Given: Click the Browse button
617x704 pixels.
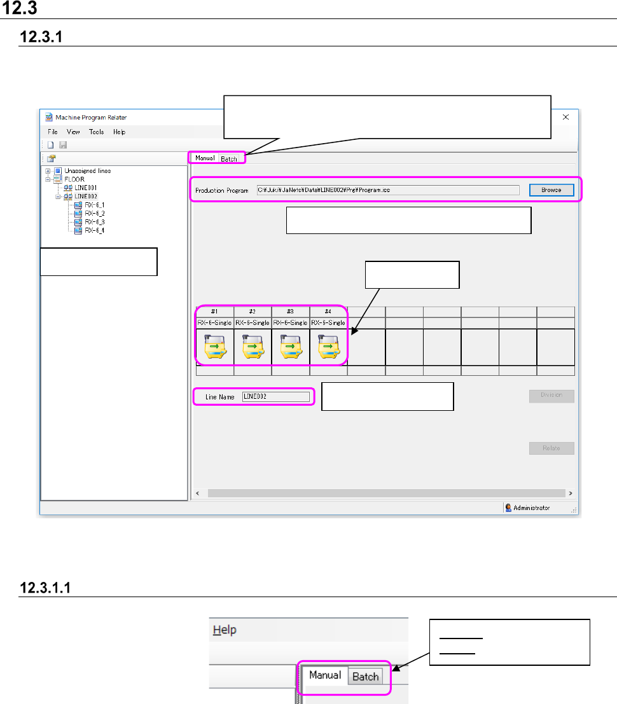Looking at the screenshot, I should tap(551, 190).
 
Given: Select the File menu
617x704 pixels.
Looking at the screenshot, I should tap(53, 132).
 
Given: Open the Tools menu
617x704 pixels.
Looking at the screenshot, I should tap(97, 132).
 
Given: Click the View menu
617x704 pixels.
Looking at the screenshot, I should tap(73, 132).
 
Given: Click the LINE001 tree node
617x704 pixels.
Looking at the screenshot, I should tap(85, 188).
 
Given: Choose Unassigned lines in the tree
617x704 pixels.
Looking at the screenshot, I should tap(87, 171).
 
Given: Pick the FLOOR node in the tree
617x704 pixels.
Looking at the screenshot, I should tap(74, 179).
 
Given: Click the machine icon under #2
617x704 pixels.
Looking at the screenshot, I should tap(253, 347).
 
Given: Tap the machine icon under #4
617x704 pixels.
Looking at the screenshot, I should tap(328, 347).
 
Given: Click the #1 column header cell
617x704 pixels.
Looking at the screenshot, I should tap(215, 312).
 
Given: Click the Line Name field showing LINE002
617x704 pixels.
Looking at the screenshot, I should tap(275, 397).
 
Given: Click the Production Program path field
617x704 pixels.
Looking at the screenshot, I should tap(388, 190).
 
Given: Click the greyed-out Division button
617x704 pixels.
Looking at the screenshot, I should tap(551, 396).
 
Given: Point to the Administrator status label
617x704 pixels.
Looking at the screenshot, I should tap(530, 508).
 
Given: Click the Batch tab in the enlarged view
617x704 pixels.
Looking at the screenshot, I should tap(366, 677).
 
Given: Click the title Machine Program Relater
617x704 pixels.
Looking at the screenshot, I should tap(91, 118).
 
